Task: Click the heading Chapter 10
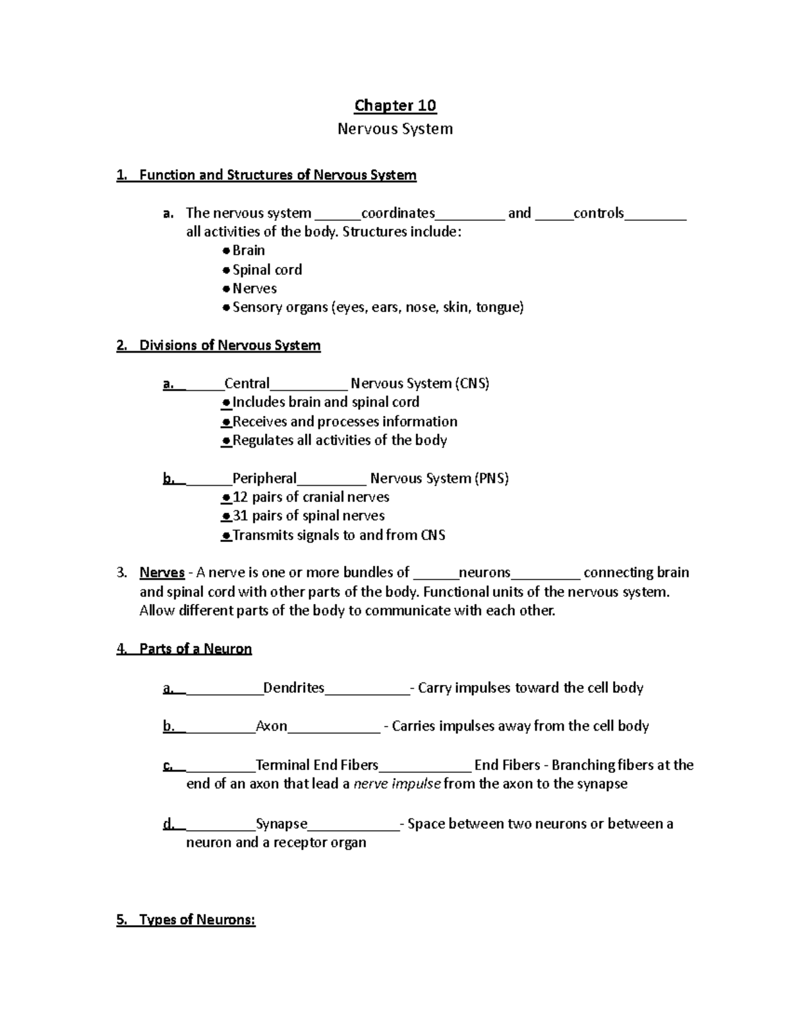[x=395, y=105]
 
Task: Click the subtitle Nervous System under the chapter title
[x=395, y=129]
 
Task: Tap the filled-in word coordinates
[x=398, y=213]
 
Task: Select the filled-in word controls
[x=599, y=213]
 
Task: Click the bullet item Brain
[x=249, y=251]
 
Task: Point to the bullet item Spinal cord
[x=267, y=270]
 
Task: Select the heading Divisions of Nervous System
[x=229, y=346]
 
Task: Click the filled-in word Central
[x=247, y=384]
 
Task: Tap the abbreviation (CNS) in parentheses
[x=472, y=384]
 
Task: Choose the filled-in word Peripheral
[x=265, y=479]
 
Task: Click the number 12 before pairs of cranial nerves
[x=241, y=497]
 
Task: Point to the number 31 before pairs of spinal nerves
[x=241, y=516]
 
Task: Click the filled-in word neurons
[x=484, y=572]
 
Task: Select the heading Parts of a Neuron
[x=195, y=649]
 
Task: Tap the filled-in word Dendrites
[x=294, y=688]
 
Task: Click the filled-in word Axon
[x=272, y=726]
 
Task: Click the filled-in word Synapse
[x=281, y=824]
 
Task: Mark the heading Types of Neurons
[x=197, y=920]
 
